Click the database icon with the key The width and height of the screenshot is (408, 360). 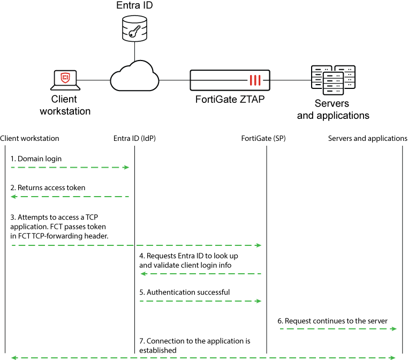tap(134, 28)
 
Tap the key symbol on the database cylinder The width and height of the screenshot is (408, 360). tap(134, 31)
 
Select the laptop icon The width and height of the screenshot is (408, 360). tap(65, 80)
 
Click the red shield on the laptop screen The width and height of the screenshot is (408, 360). tap(65, 78)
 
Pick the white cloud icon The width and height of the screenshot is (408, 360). tap(134, 77)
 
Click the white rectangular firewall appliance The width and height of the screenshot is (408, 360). tap(230, 80)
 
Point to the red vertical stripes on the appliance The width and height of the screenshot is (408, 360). tap(255, 80)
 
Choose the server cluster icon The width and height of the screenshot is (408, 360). tap(333, 80)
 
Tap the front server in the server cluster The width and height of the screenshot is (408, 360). tap(333, 83)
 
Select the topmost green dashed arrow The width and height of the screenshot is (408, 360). tap(70, 167)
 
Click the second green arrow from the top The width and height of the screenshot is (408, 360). tap(70, 197)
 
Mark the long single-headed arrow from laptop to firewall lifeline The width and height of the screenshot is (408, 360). tap(137, 245)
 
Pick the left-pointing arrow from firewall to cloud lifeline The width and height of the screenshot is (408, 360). tap(201, 274)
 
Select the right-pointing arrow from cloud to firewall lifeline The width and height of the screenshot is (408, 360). tap(201, 301)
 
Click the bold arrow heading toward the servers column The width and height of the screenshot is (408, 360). tap(338, 328)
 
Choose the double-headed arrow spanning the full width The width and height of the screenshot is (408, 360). tap(203, 357)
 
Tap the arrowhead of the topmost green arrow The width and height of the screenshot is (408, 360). tap(126, 167)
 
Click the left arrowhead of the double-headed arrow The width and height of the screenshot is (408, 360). tap(14, 357)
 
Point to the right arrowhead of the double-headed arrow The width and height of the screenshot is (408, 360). tap(393, 357)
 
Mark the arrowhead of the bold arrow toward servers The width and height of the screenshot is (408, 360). tap(394, 328)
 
